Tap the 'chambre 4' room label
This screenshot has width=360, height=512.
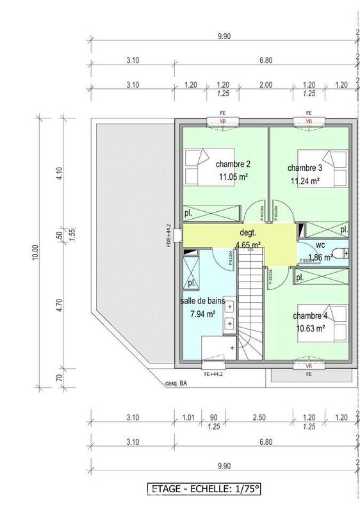click(x=310, y=316)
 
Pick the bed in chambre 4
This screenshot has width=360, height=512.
click(x=335, y=319)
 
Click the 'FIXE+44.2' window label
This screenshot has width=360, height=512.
click(x=169, y=235)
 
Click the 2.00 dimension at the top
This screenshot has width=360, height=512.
click(x=266, y=84)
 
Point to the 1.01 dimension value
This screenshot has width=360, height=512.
click(x=188, y=418)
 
